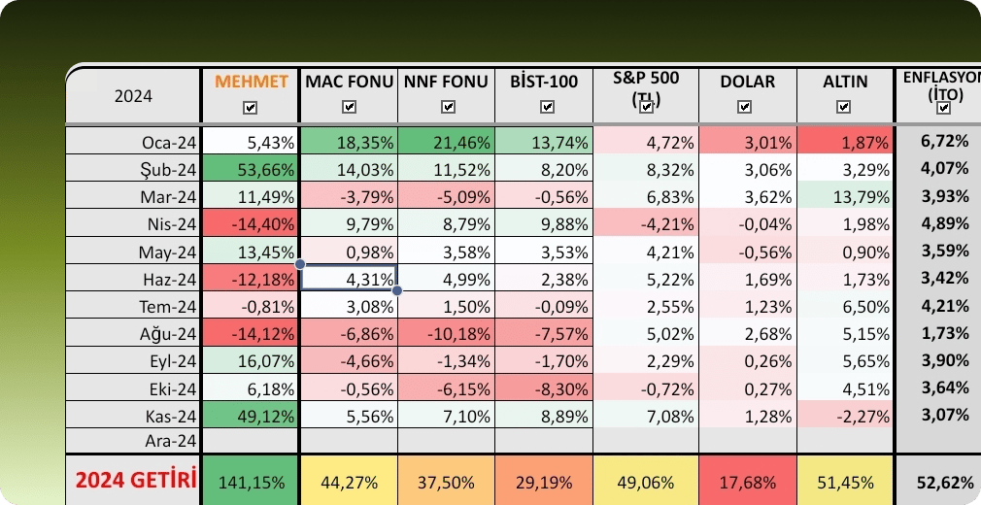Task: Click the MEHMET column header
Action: coord(252,82)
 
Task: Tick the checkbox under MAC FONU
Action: coord(349,108)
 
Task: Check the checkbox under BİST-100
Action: coord(543,108)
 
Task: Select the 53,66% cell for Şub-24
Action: coord(252,170)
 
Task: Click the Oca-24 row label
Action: coord(169,143)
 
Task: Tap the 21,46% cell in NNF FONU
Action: coord(446,143)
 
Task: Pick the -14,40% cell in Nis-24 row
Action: coord(252,224)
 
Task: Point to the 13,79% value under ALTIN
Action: coord(844,197)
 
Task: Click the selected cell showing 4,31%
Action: coord(349,278)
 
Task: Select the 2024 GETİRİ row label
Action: coord(136,480)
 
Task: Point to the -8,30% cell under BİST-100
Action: coord(543,387)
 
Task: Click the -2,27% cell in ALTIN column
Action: coord(844,415)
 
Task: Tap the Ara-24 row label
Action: coord(169,441)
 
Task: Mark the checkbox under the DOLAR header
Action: coord(744,108)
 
